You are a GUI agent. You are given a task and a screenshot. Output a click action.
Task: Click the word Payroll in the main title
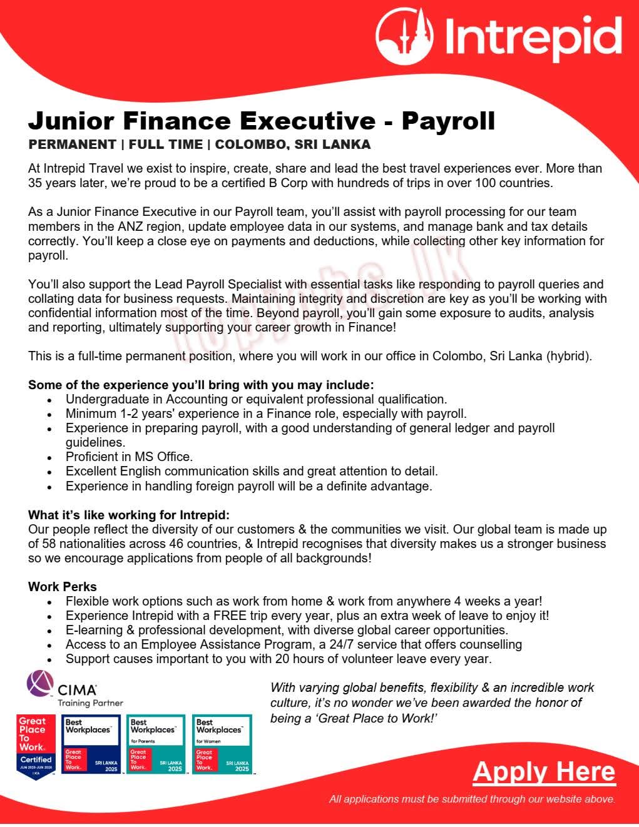pos(448,119)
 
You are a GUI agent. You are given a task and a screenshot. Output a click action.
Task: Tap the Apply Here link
pos(544,771)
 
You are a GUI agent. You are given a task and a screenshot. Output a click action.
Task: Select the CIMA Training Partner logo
pos(74,689)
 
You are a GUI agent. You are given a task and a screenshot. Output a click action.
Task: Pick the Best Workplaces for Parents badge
pos(155,744)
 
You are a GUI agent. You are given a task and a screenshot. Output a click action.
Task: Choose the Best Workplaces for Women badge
pos(222,744)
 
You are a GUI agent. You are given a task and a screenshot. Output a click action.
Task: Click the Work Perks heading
pos(63,587)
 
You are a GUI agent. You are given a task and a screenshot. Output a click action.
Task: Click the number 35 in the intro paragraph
pos(36,183)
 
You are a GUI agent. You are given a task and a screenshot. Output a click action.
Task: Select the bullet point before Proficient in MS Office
pos(50,457)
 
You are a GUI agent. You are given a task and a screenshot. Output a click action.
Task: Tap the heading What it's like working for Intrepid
pos(129,515)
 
